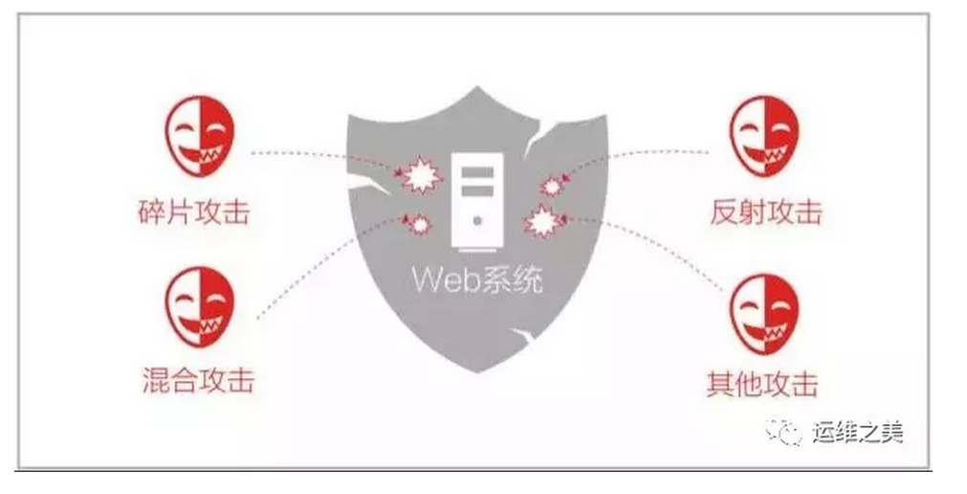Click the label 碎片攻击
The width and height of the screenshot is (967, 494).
[194, 211]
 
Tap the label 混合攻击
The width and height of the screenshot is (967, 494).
[198, 379]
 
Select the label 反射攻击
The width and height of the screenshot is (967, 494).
[765, 212]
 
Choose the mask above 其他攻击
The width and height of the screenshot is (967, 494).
[763, 312]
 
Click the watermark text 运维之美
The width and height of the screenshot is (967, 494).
[857, 432]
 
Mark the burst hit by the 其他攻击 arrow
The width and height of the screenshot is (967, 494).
[541, 222]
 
